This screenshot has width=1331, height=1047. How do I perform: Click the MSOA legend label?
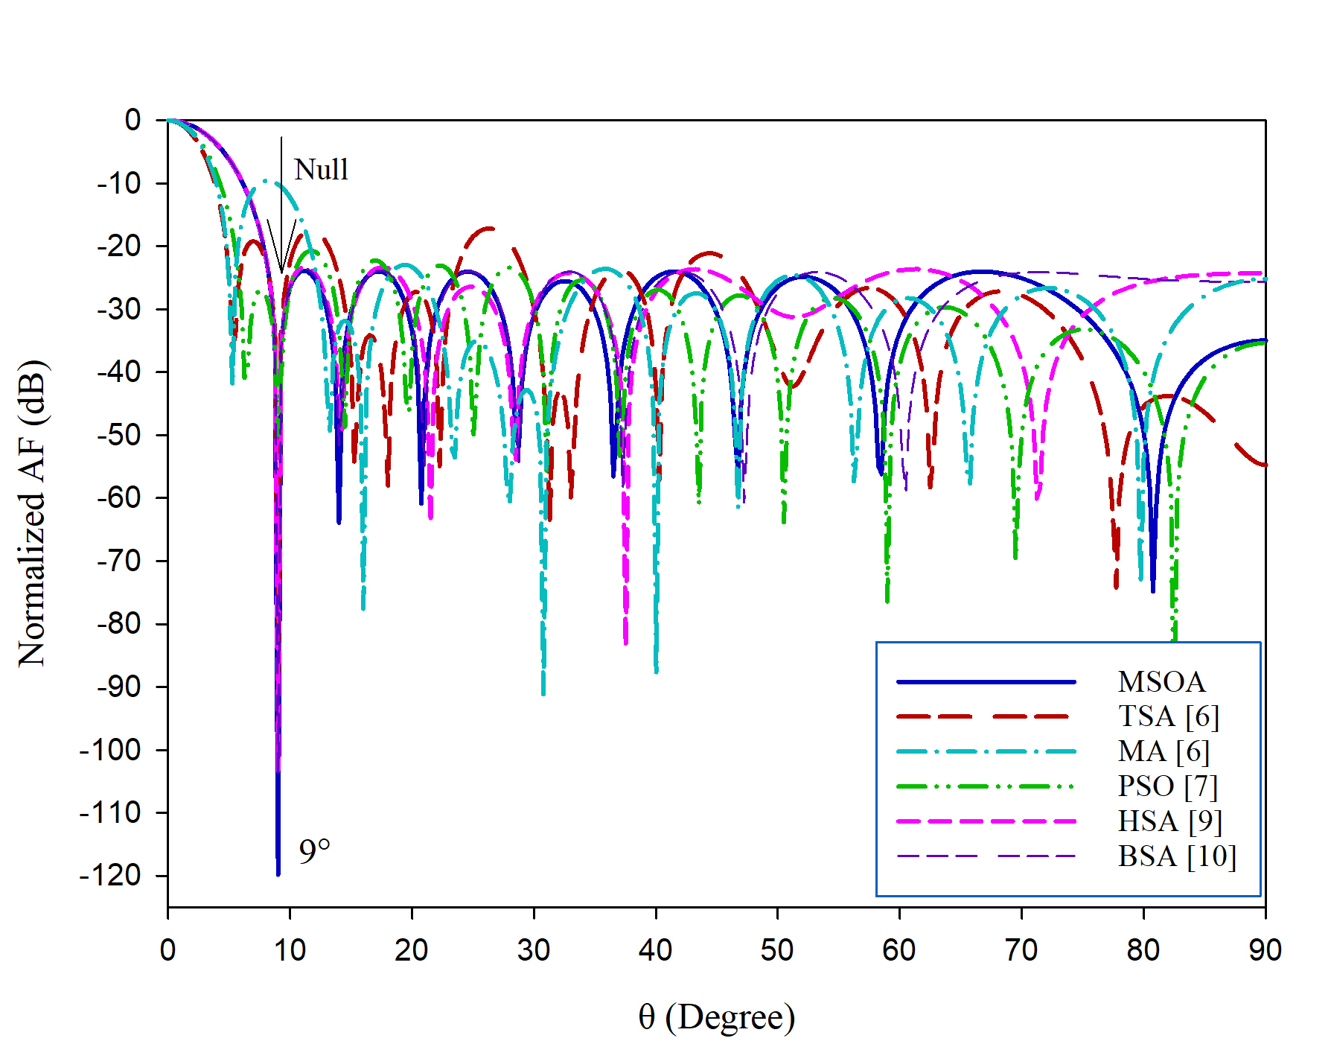click(1161, 682)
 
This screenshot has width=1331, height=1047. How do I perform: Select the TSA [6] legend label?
click(1169, 716)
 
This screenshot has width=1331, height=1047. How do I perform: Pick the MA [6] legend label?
click(1164, 751)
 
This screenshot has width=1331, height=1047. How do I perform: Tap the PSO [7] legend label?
click(1167, 786)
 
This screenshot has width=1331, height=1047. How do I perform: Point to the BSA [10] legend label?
click(1177, 856)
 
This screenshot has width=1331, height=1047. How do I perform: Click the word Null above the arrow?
click(321, 170)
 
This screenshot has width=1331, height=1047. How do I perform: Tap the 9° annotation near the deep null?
click(314, 852)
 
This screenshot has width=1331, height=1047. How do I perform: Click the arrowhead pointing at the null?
click(281, 268)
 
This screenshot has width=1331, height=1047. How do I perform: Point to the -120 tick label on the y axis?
click(110, 876)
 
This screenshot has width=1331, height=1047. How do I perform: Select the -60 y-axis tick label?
click(119, 497)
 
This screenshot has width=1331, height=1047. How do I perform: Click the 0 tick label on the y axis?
click(133, 120)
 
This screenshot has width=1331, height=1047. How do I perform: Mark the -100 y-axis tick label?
click(110, 750)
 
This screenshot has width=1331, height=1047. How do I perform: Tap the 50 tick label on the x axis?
click(777, 950)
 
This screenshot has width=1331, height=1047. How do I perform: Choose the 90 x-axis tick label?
click(1265, 950)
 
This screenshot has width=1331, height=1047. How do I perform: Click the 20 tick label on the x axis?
click(412, 950)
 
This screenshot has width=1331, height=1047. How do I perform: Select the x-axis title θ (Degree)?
click(716, 1017)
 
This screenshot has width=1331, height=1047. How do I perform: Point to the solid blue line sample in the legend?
click(986, 682)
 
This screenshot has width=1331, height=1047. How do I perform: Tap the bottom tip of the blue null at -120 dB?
click(278, 874)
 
